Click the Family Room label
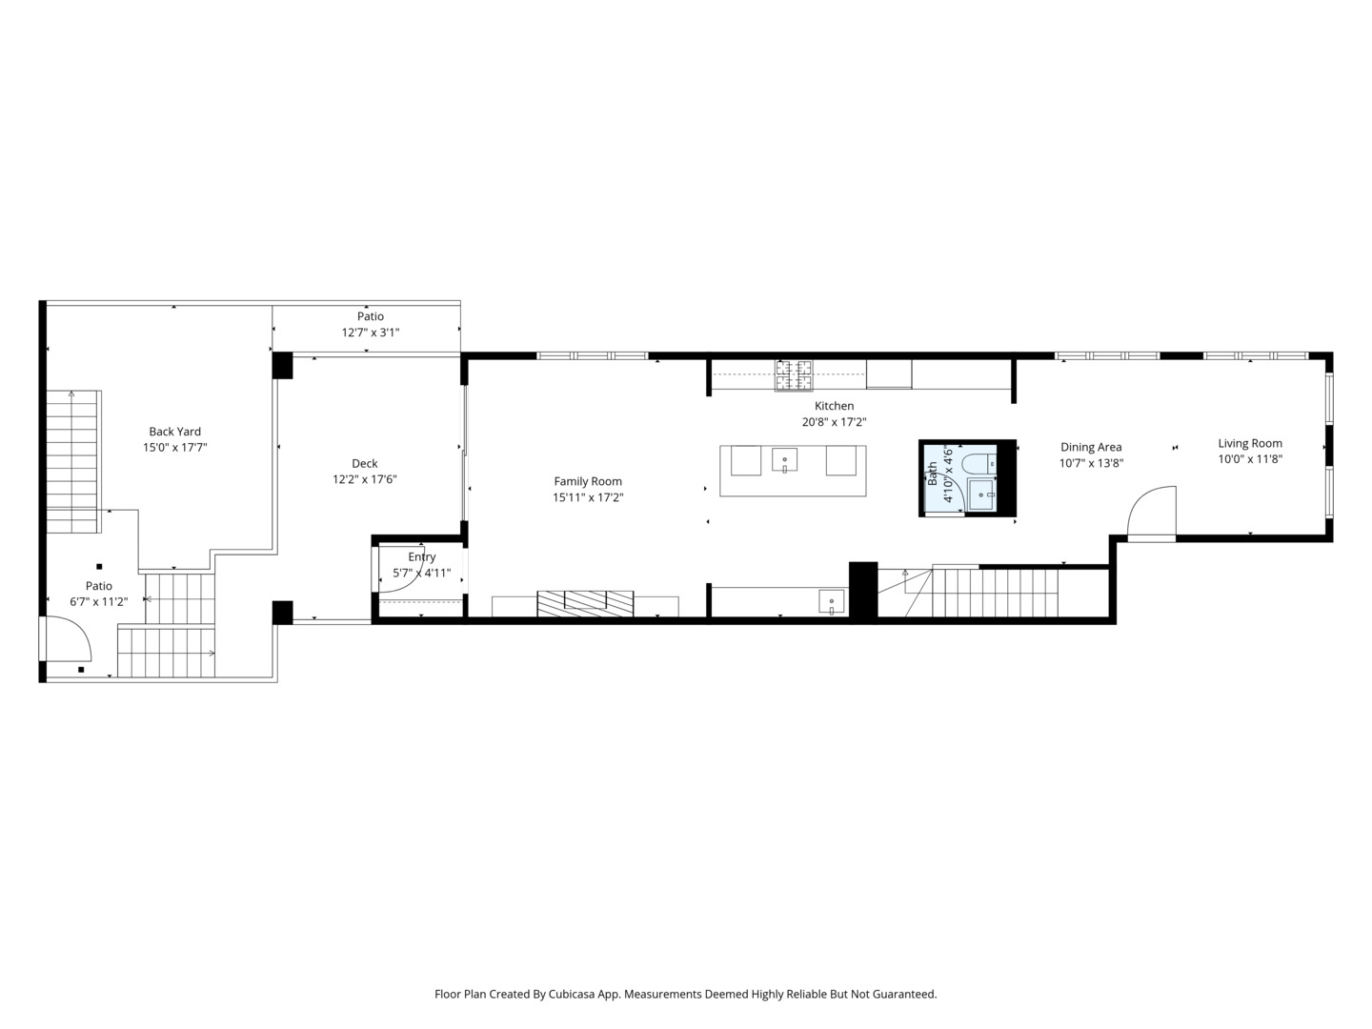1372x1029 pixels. [x=588, y=482]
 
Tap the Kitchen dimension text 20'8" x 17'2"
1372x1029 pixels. [x=834, y=422]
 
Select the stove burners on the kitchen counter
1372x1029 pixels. [x=794, y=375]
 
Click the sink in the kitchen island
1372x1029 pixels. [x=784, y=460]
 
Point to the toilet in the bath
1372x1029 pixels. [x=979, y=464]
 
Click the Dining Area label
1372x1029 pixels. [x=1091, y=448]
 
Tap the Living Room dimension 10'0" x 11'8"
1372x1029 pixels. [x=1250, y=459]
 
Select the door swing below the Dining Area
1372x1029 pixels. [x=1152, y=511]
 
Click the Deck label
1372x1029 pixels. [x=364, y=464]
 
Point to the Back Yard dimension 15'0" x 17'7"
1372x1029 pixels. [x=175, y=448]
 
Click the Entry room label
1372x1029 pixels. [x=422, y=557]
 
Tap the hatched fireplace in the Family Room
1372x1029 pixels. [x=585, y=603]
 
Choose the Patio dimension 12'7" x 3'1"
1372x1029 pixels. [x=370, y=333]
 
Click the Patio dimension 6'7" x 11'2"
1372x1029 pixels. [x=99, y=601]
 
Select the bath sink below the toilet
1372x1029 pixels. [x=982, y=494]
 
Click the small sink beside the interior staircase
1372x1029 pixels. [x=832, y=602]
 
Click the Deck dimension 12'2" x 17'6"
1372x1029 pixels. [x=364, y=480]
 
